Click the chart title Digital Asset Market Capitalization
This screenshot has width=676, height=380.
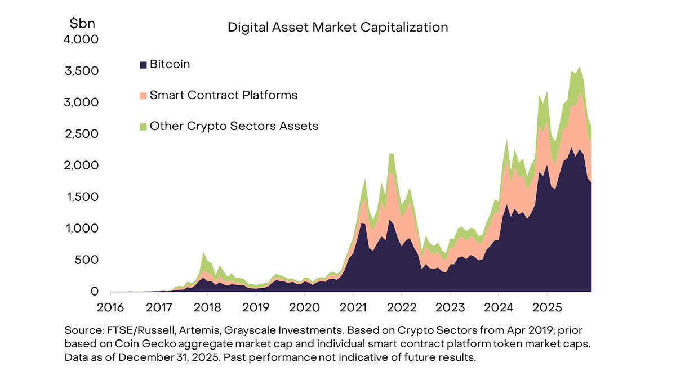337,27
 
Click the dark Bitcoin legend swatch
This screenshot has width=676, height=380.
143,65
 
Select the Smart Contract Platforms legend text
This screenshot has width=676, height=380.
223,95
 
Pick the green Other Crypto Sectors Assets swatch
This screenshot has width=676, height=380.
143,126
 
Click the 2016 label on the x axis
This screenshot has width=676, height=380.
110,308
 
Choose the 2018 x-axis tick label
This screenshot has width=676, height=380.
207,308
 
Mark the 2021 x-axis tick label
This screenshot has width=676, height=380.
353,308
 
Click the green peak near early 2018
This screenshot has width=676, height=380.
203,254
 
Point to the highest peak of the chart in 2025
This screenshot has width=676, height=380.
580,68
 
